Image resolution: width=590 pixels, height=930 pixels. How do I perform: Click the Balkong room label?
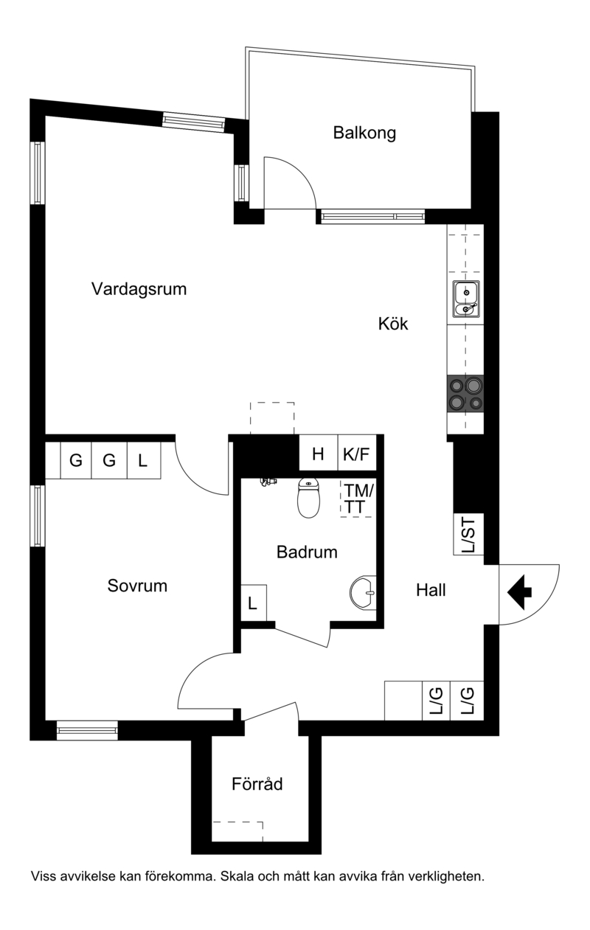click(364, 133)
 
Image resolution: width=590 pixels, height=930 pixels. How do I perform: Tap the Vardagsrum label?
click(139, 289)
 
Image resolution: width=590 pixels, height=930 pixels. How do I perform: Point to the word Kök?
click(393, 324)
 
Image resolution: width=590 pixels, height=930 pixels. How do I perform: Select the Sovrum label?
click(137, 586)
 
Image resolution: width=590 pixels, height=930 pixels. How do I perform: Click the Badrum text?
click(307, 552)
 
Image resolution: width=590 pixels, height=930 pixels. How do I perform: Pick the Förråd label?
click(257, 783)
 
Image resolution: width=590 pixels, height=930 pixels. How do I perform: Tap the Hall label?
click(431, 590)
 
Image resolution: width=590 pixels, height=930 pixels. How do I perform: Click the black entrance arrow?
click(519, 592)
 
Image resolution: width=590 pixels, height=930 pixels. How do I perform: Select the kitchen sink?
click(466, 298)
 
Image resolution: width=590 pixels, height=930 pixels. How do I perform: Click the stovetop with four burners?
click(465, 394)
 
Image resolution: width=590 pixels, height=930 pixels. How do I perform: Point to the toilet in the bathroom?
click(308, 497)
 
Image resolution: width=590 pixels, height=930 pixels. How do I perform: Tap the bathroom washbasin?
click(364, 591)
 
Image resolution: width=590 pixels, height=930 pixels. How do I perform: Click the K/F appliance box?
click(357, 453)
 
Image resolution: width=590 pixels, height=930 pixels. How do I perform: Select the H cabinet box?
click(319, 453)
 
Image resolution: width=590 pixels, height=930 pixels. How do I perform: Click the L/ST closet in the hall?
click(469, 534)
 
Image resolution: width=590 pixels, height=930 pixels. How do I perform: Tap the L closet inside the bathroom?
click(254, 603)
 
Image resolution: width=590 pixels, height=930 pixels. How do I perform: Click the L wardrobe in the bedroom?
click(144, 460)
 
